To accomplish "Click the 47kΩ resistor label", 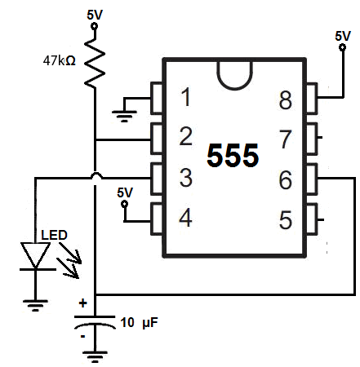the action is click(x=59, y=60).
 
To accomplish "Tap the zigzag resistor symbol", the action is click(x=95, y=63).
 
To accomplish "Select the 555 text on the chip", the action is click(x=233, y=155).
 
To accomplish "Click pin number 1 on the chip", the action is click(x=186, y=97).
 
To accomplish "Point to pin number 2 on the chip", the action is click(x=186, y=136).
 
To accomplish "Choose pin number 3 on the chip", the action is click(x=186, y=177).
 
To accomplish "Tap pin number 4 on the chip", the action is click(x=185, y=218).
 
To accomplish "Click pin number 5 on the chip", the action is click(x=286, y=219).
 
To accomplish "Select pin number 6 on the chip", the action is click(x=286, y=179).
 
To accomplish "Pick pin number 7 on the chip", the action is click(x=286, y=139).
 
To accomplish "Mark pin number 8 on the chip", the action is click(x=286, y=99).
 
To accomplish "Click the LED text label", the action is click(x=54, y=235).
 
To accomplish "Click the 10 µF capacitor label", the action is click(x=139, y=323).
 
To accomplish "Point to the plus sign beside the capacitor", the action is click(x=82, y=303).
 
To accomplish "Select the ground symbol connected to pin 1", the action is click(x=124, y=116).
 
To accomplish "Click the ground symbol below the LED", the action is click(x=35, y=305).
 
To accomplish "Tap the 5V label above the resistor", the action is click(x=95, y=15).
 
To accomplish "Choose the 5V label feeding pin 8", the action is click(x=343, y=36).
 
